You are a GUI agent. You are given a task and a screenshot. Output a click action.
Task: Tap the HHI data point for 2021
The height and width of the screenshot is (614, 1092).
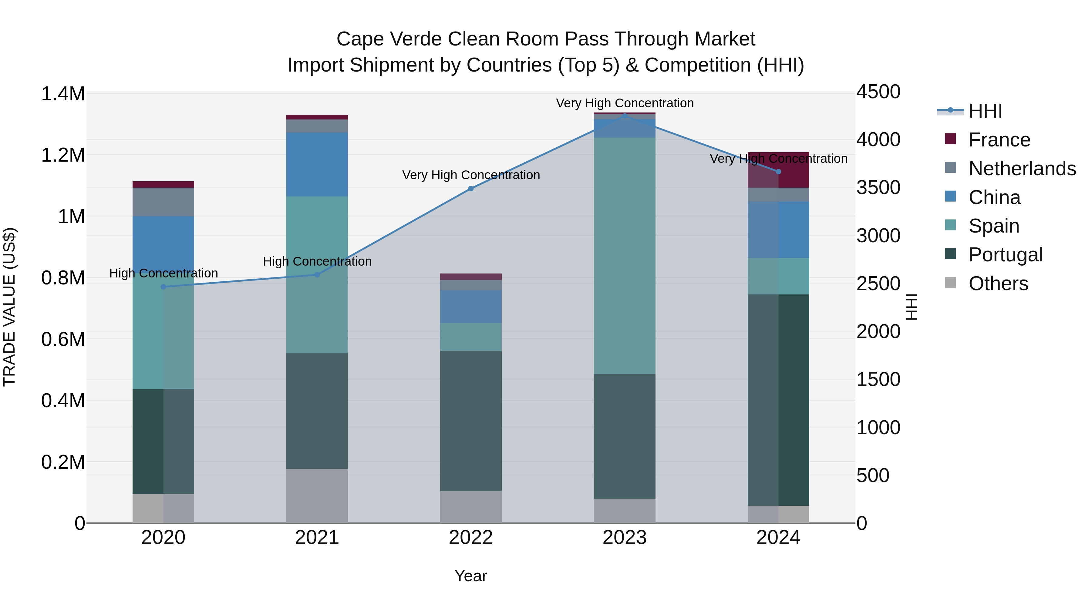pyautogui.click(x=317, y=275)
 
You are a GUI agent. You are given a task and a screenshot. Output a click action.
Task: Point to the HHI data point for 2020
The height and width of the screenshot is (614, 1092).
pyautogui.click(x=163, y=287)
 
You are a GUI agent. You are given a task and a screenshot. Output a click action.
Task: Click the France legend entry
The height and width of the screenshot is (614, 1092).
pyautogui.click(x=999, y=140)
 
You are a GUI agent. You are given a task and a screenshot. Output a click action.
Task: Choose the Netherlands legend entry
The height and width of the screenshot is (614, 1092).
pyautogui.click(x=1022, y=169)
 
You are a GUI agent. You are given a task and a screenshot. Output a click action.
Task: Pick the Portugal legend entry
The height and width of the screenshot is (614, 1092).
pyautogui.click(x=1005, y=255)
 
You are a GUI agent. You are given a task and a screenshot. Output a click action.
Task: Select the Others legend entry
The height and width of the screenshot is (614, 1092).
pyautogui.click(x=998, y=284)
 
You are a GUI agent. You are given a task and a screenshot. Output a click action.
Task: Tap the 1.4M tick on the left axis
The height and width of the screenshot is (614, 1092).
pyautogui.click(x=63, y=94)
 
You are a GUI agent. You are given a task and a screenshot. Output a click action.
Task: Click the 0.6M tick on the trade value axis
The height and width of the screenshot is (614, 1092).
pyautogui.click(x=63, y=339)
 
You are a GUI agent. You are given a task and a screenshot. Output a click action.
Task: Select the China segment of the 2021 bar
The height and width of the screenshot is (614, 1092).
pyautogui.click(x=317, y=164)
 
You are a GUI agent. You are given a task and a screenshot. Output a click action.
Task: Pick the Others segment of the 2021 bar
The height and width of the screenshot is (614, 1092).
pyautogui.click(x=317, y=496)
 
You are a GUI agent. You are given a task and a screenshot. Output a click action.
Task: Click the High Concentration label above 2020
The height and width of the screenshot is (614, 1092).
pyautogui.click(x=163, y=273)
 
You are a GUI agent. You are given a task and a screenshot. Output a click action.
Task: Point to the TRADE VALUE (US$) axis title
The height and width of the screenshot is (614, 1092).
pyautogui.click(x=9, y=307)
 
